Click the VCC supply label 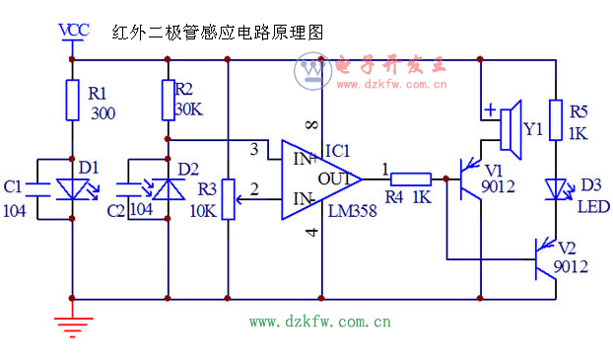point(74,29)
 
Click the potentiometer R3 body point(229,197)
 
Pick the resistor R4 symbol point(410,180)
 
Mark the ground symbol point(73,321)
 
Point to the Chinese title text point(217,33)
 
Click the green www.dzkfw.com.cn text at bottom point(319,321)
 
